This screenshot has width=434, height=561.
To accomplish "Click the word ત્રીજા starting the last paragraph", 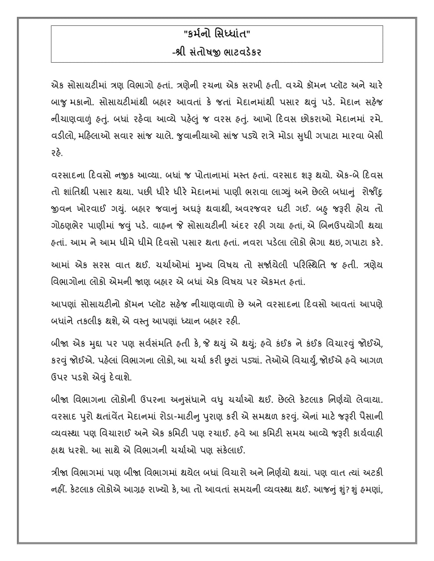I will [x=63, y=472].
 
